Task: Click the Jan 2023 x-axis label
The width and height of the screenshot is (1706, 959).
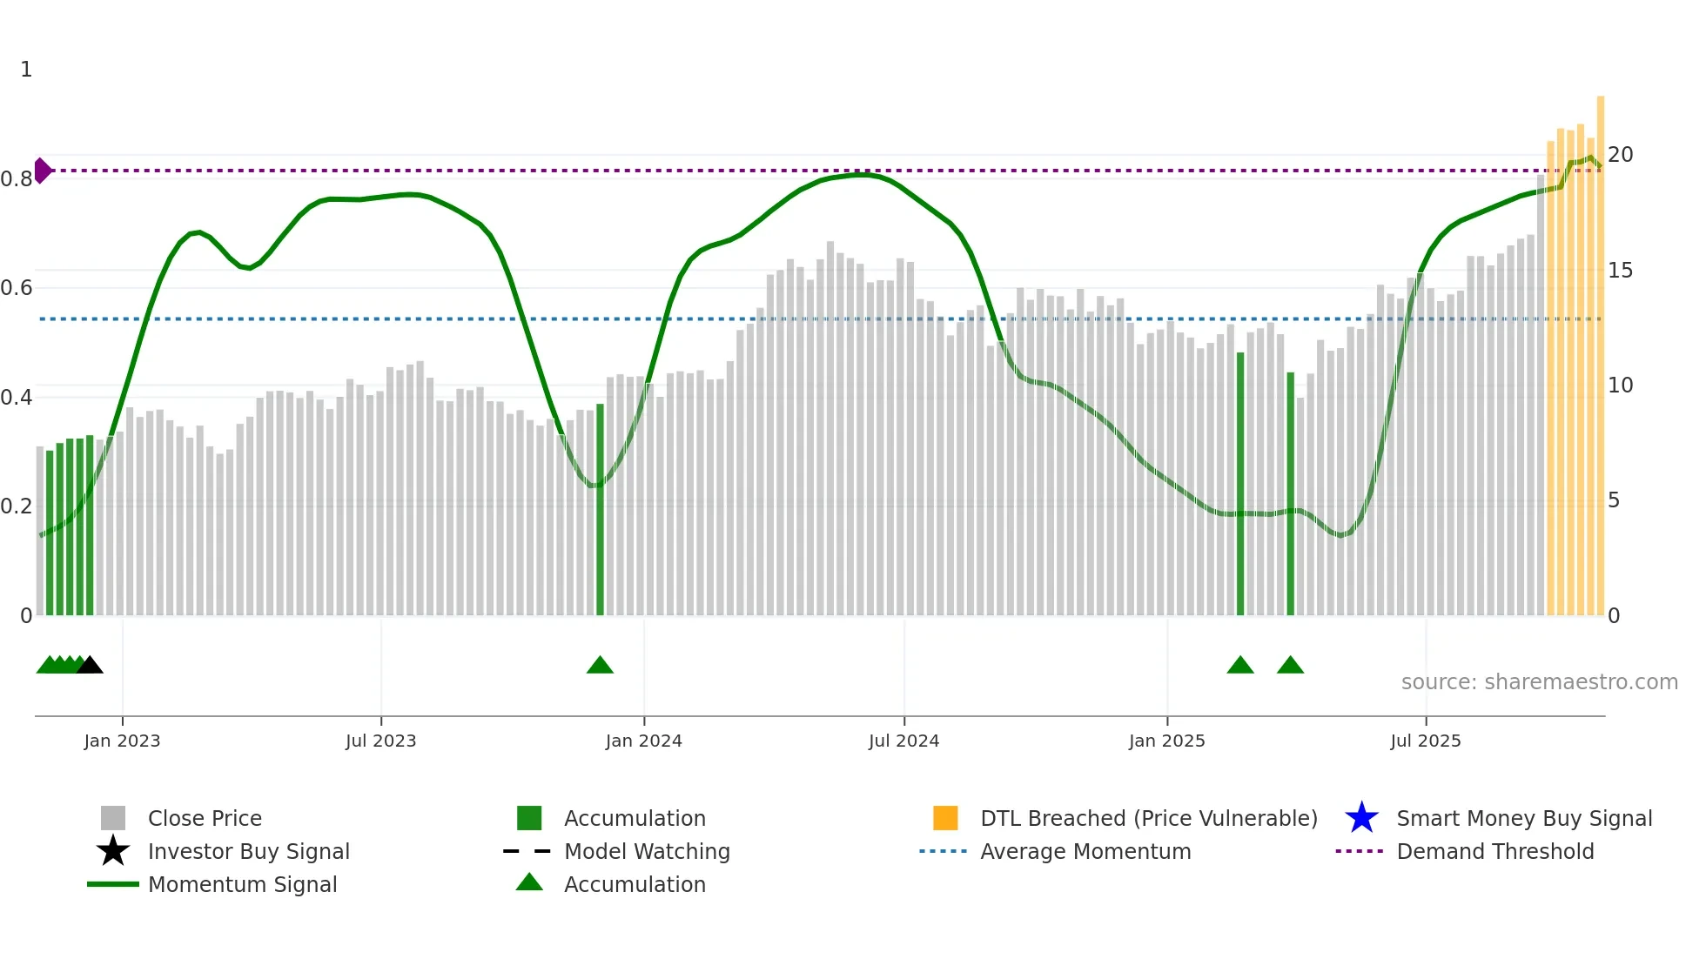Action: click(x=122, y=741)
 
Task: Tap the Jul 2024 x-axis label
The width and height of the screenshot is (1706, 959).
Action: click(x=903, y=741)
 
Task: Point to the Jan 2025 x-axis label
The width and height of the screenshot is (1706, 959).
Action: click(x=1166, y=741)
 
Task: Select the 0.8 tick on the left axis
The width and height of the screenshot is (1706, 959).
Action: click(x=17, y=179)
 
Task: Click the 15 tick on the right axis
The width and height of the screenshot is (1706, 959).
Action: click(x=1620, y=271)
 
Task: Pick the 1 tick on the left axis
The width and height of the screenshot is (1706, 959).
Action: click(x=26, y=70)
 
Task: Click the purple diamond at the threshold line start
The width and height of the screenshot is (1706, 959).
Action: click(x=42, y=171)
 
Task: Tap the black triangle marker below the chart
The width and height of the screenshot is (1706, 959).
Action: click(x=91, y=666)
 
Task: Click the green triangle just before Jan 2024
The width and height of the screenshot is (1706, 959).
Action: click(x=600, y=666)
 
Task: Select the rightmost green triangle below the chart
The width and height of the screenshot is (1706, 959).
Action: click(x=1290, y=666)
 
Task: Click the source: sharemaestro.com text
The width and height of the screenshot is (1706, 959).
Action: click(x=1539, y=682)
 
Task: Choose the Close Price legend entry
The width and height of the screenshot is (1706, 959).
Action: click(x=205, y=819)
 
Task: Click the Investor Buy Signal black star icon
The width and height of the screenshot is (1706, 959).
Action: click(x=113, y=851)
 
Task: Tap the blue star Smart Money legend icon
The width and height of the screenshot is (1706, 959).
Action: click(x=1361, y=818)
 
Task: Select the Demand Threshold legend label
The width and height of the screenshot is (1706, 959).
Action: click(x=1494, y=852)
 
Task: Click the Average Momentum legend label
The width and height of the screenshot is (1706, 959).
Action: click(x=1085, y=852)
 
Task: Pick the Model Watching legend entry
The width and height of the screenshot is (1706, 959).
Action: click(x=647, y=852)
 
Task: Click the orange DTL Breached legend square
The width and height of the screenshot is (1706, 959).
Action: click(x=945, y=818)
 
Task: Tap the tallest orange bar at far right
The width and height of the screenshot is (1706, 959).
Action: click(x=1600, y=348)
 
